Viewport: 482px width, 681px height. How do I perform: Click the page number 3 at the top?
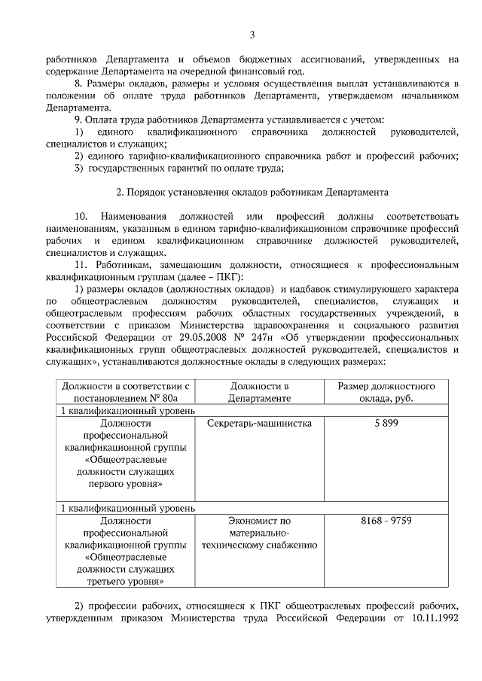pos(252,35)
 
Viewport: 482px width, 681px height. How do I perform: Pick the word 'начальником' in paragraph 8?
pos(426,96)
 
